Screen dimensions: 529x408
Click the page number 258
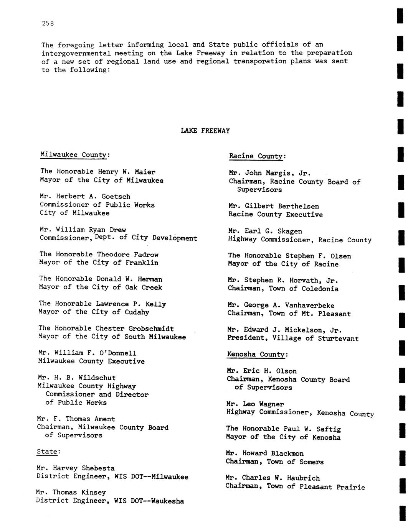click(48, 23)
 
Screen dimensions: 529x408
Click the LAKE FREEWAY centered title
click(205, 131)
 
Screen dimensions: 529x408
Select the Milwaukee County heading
click(74, 155)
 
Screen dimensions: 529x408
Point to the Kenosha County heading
click(256, 354)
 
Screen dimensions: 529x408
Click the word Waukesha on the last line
click(167, 501)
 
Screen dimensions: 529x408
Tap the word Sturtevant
click(338, 338)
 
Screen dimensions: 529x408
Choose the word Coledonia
click(320, 289)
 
